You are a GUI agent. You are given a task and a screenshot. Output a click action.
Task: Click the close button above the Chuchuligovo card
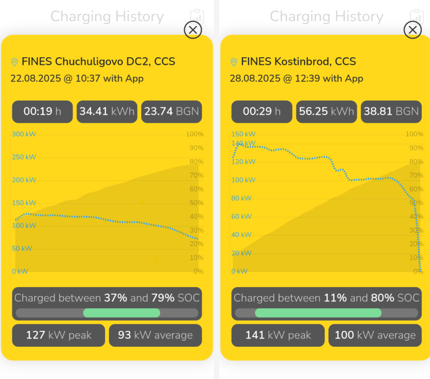[193, 30]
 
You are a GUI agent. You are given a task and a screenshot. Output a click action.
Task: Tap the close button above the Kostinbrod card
[412, 30]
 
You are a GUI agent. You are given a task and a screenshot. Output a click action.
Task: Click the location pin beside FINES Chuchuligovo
[14, 62]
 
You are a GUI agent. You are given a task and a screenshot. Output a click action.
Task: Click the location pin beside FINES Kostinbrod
[234, 62]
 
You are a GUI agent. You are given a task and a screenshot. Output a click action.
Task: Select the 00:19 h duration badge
[42, 112]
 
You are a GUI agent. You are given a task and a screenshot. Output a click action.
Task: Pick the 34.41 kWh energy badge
[107, 112]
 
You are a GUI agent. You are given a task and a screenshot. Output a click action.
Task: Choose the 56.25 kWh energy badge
[326, 112]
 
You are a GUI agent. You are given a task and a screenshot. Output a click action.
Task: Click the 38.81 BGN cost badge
[391, 112]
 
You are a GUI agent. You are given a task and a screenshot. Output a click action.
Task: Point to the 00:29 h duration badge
[262, 112]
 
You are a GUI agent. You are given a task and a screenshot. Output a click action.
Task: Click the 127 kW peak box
[58, 335]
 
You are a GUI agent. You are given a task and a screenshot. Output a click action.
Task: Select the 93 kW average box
[155, 335]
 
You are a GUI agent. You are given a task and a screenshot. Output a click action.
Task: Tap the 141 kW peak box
[278, 335]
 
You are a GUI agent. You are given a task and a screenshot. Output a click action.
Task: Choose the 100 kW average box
[375, 335]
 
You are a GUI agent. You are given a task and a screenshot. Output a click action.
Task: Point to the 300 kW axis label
[24, 134]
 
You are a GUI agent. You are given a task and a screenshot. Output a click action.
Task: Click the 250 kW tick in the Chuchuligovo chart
[24, 157]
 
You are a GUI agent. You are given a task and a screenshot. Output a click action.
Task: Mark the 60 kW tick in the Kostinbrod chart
[241, 217]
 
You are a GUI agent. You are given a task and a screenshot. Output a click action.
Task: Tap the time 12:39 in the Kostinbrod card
[308, 78]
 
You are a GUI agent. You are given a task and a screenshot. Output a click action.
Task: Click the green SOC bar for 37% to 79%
[121, 313]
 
